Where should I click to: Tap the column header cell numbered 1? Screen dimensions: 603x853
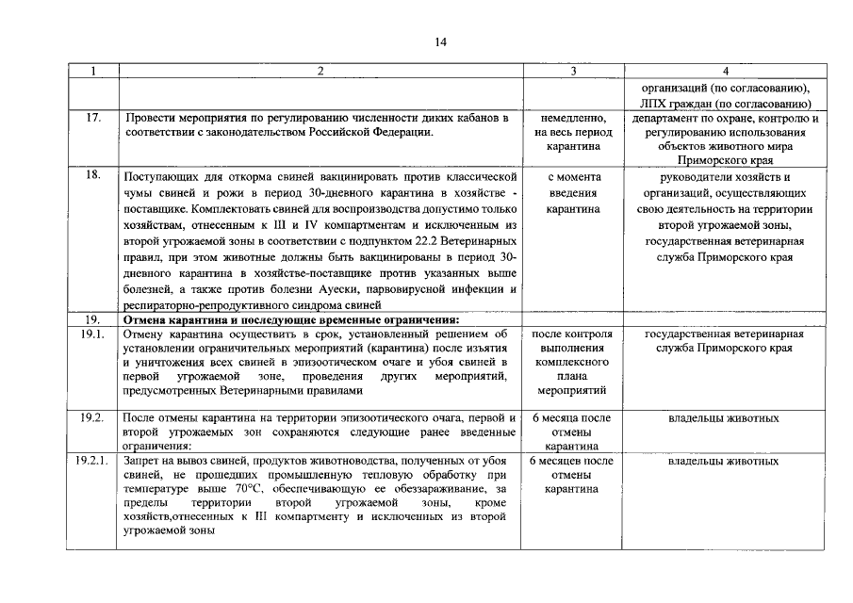[x=92, y=71]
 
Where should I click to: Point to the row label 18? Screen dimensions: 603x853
[x=92, y=176]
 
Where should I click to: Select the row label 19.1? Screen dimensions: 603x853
[x=92, y=334]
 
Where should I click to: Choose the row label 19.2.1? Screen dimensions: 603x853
[x=92, y=462]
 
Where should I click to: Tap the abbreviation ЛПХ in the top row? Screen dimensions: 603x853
[x=656, y=102]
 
